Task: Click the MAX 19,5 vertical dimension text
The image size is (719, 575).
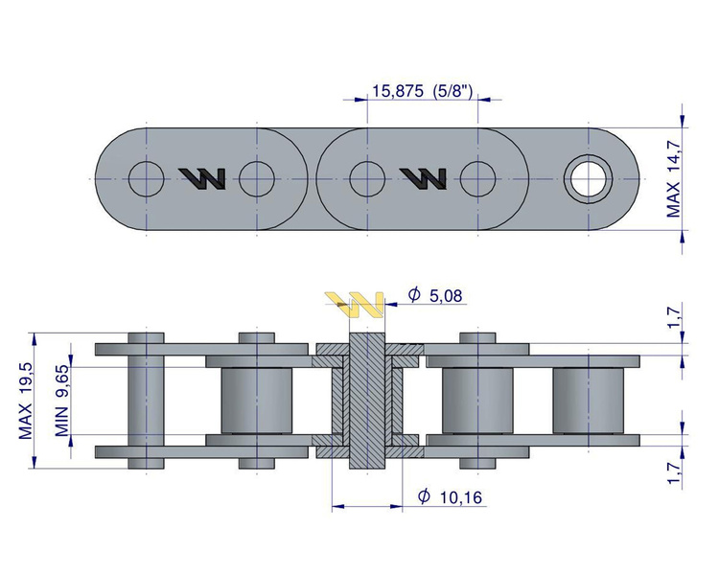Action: point(26,401)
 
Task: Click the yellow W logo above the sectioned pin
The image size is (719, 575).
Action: point(356,305)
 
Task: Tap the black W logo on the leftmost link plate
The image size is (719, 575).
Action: point(203,177)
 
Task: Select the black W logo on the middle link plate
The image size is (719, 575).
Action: point(423,177)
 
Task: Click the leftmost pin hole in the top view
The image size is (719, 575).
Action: point(147,177)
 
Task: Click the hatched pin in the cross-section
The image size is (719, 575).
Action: point(366,401)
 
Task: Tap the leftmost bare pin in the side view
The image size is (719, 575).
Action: point(147,401)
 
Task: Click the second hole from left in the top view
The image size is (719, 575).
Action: point(257,177)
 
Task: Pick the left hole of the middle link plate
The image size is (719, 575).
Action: point(367,177)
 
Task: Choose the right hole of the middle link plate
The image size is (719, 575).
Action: point(477,177)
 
